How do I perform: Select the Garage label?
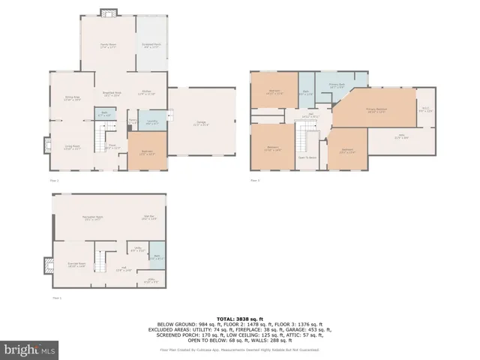[x=201, y=124]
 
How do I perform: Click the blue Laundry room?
[x=151, y=123]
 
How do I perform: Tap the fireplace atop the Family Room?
[x=109, y=12]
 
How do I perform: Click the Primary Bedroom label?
[x=375, y=111]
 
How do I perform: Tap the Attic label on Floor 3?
[x=401, y=137]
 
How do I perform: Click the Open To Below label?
[x=307, y=158]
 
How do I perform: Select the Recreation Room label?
[x=93, y=218]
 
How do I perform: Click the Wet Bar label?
[x=148, y=218]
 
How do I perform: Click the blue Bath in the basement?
[x=157, y=256]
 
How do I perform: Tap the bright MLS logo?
[x=30, y=349]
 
